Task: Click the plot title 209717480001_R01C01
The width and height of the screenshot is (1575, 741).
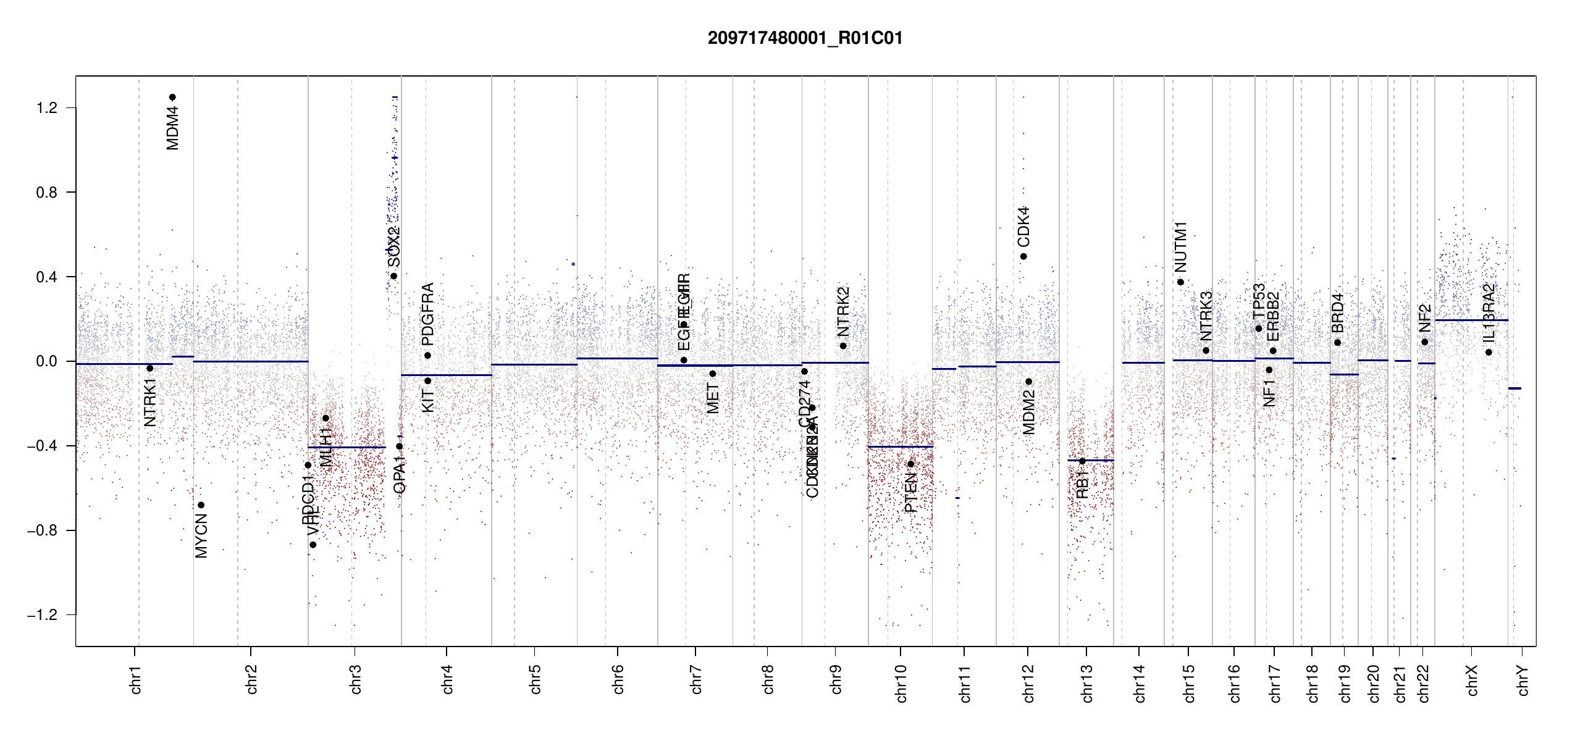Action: (x=805, y=38)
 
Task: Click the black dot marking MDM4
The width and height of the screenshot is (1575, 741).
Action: (x=172, y=97)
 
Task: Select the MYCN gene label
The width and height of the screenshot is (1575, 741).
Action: (x=201, y=535)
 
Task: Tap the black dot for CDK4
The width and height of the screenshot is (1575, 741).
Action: (x=1023, y=256)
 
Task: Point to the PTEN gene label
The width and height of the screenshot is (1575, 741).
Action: (x=910, y=493)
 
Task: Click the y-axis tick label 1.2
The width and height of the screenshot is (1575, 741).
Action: (x=46, y=108)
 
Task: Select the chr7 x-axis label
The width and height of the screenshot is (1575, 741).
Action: (x=696, y=679)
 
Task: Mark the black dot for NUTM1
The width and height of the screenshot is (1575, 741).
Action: (x=1180, y=282)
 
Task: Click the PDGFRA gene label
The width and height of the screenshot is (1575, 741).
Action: (x=427, y=314)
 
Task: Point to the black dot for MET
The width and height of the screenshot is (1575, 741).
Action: (x=713, y=374)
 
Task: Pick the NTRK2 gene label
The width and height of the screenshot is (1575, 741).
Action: (x=843, y=311)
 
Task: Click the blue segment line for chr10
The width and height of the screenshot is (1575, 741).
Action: (x=900, y=446)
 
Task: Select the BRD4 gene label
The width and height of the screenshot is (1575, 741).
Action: (x=1337, y=313)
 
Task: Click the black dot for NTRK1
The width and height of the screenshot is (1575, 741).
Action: (x=149, y=368)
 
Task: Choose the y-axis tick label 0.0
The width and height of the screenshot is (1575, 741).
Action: (x=46, y=361)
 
